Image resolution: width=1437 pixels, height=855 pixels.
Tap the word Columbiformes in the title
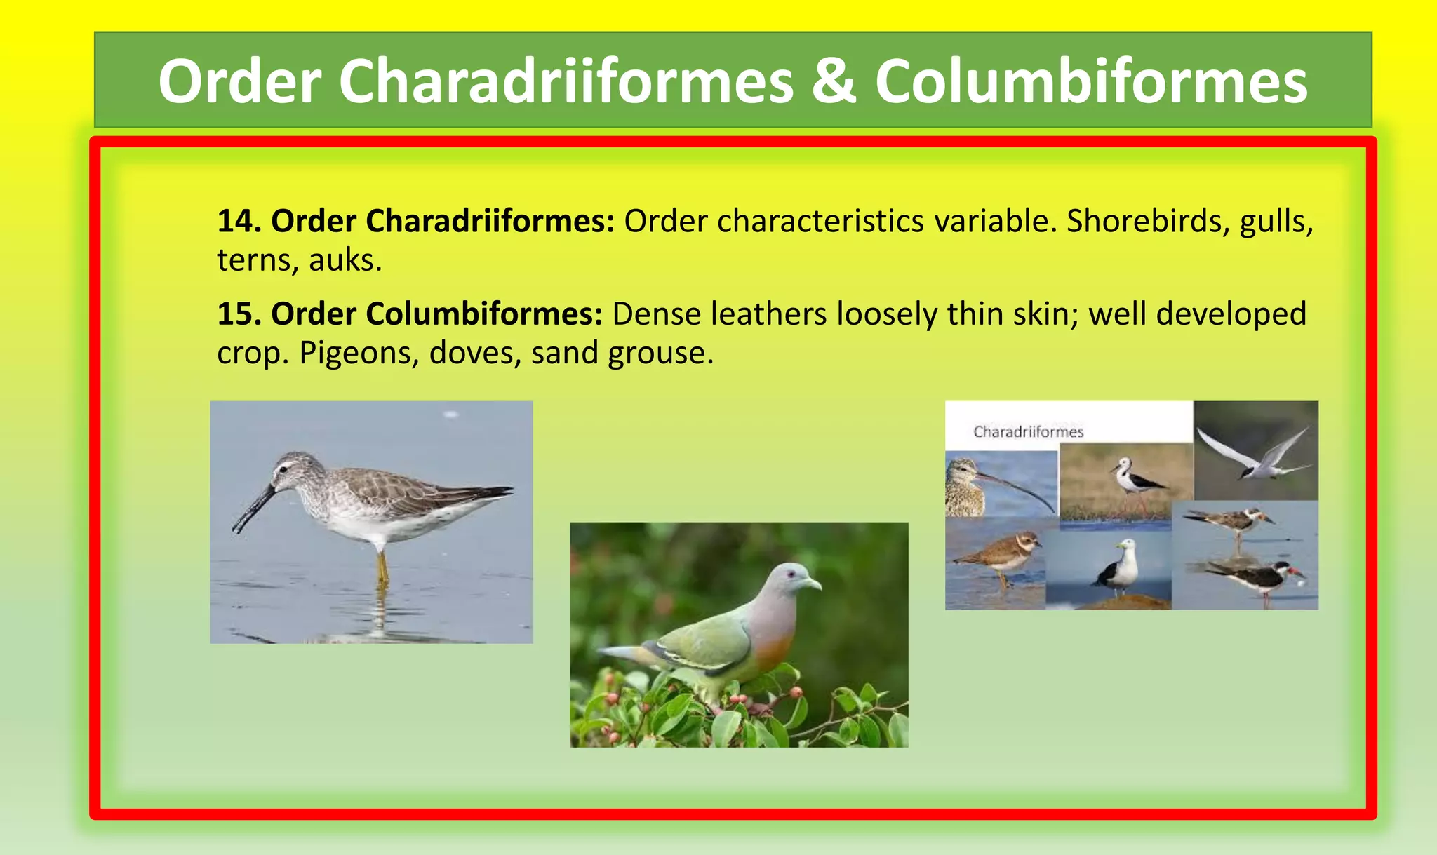tap(1091, 82)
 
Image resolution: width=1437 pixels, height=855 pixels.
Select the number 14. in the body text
tap(239, 222)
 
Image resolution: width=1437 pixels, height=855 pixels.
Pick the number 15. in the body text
tap(239, 314)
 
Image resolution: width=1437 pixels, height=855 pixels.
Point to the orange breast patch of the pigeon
tap(775, 649)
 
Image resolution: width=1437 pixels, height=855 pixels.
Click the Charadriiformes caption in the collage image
tap(1028, 432)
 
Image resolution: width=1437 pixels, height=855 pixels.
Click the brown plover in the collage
tap(1000, 554)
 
